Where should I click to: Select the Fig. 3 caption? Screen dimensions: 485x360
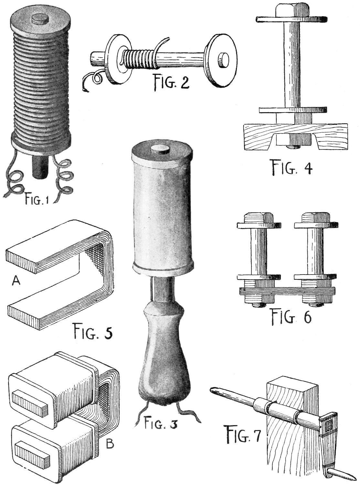point(160,423)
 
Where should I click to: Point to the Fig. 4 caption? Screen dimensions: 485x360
point(291,167)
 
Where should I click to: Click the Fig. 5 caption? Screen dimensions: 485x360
point(92,331)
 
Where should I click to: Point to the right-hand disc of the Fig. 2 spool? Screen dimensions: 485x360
point(222,61)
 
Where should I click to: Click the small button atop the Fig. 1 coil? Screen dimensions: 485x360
point(40,18)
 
